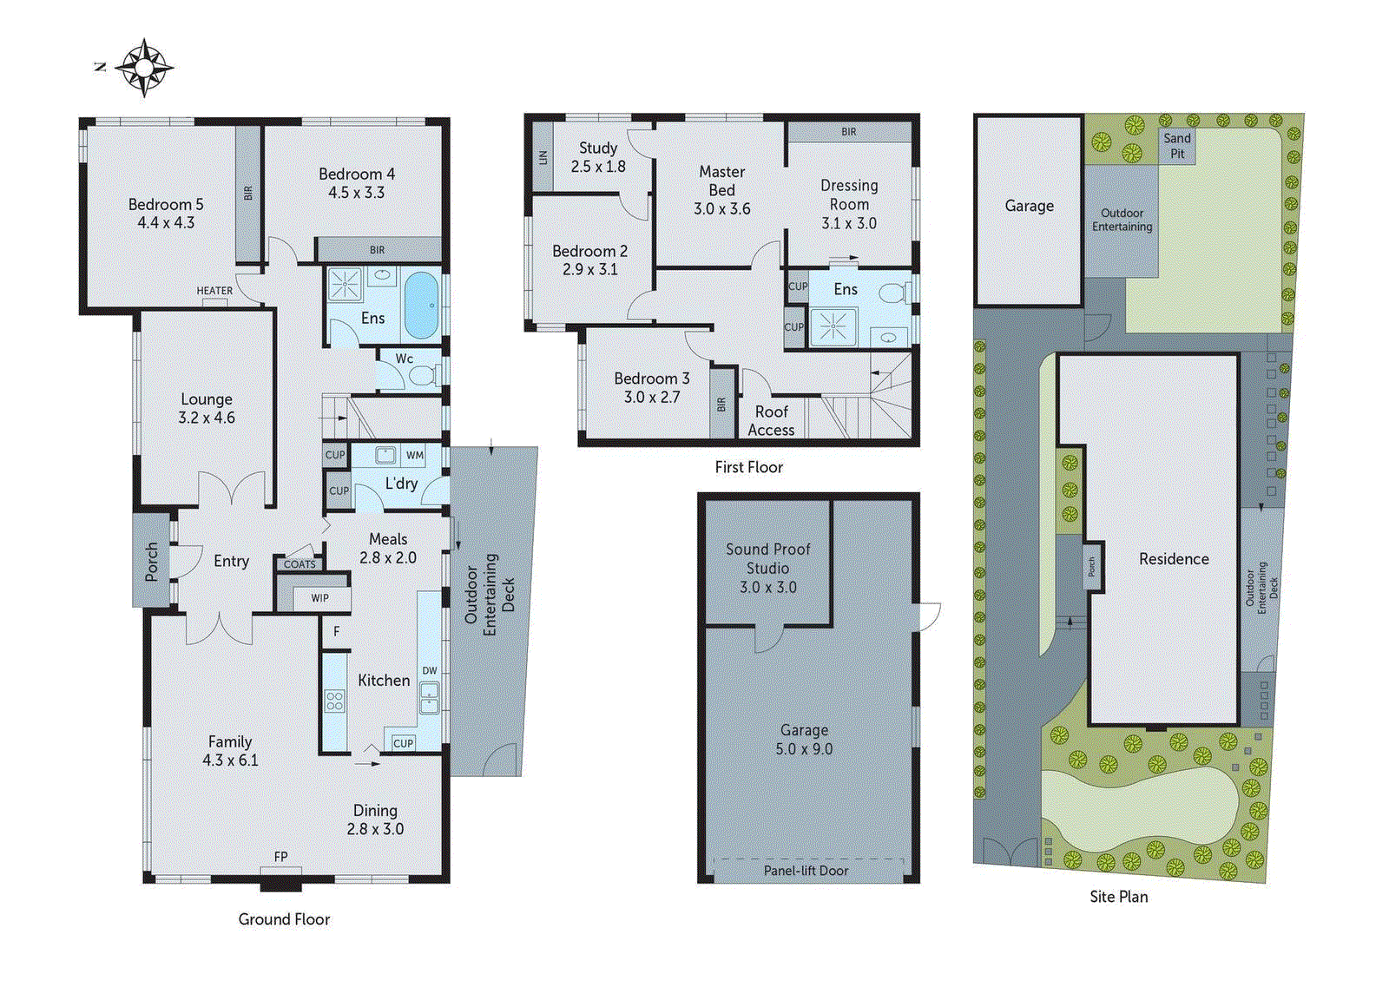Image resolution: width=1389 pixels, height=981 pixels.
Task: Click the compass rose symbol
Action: coord(144,67)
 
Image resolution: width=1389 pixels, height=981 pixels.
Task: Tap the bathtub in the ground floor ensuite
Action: coord(422,306)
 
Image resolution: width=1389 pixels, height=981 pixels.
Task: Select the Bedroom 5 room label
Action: coord(166,213)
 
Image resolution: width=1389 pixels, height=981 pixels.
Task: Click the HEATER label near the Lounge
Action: coord(214,291)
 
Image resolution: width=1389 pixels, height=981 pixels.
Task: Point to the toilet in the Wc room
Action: coord(423,375)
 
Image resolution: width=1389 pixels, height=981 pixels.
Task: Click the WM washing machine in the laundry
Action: coord(415,455)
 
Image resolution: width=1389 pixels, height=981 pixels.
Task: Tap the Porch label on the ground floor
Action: coord(152,561)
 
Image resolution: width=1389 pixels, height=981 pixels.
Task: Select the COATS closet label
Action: coord(300,564)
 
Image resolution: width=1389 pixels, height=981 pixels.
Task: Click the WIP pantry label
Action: coord(319,598)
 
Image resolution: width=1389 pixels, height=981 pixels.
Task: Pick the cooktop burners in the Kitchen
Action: coord(334,700)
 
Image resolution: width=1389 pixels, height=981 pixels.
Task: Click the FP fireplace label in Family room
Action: coord(280,857)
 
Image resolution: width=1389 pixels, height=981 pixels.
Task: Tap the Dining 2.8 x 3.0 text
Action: coord(375,820)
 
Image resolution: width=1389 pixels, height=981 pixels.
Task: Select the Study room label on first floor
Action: coord(598,157)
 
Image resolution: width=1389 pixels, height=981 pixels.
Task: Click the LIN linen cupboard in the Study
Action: coord(543,157)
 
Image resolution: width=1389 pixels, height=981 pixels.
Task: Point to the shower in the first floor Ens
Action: coord(833,326)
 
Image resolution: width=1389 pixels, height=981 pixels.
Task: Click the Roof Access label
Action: coord(771,421)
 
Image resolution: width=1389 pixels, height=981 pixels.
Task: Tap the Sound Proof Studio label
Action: coord(768,568)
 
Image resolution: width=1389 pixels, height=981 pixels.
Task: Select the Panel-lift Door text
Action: coord(806,870)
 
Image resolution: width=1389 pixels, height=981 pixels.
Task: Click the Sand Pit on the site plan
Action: coord(1177,146)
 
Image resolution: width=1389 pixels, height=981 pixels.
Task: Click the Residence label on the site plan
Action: coord(1174,559)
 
